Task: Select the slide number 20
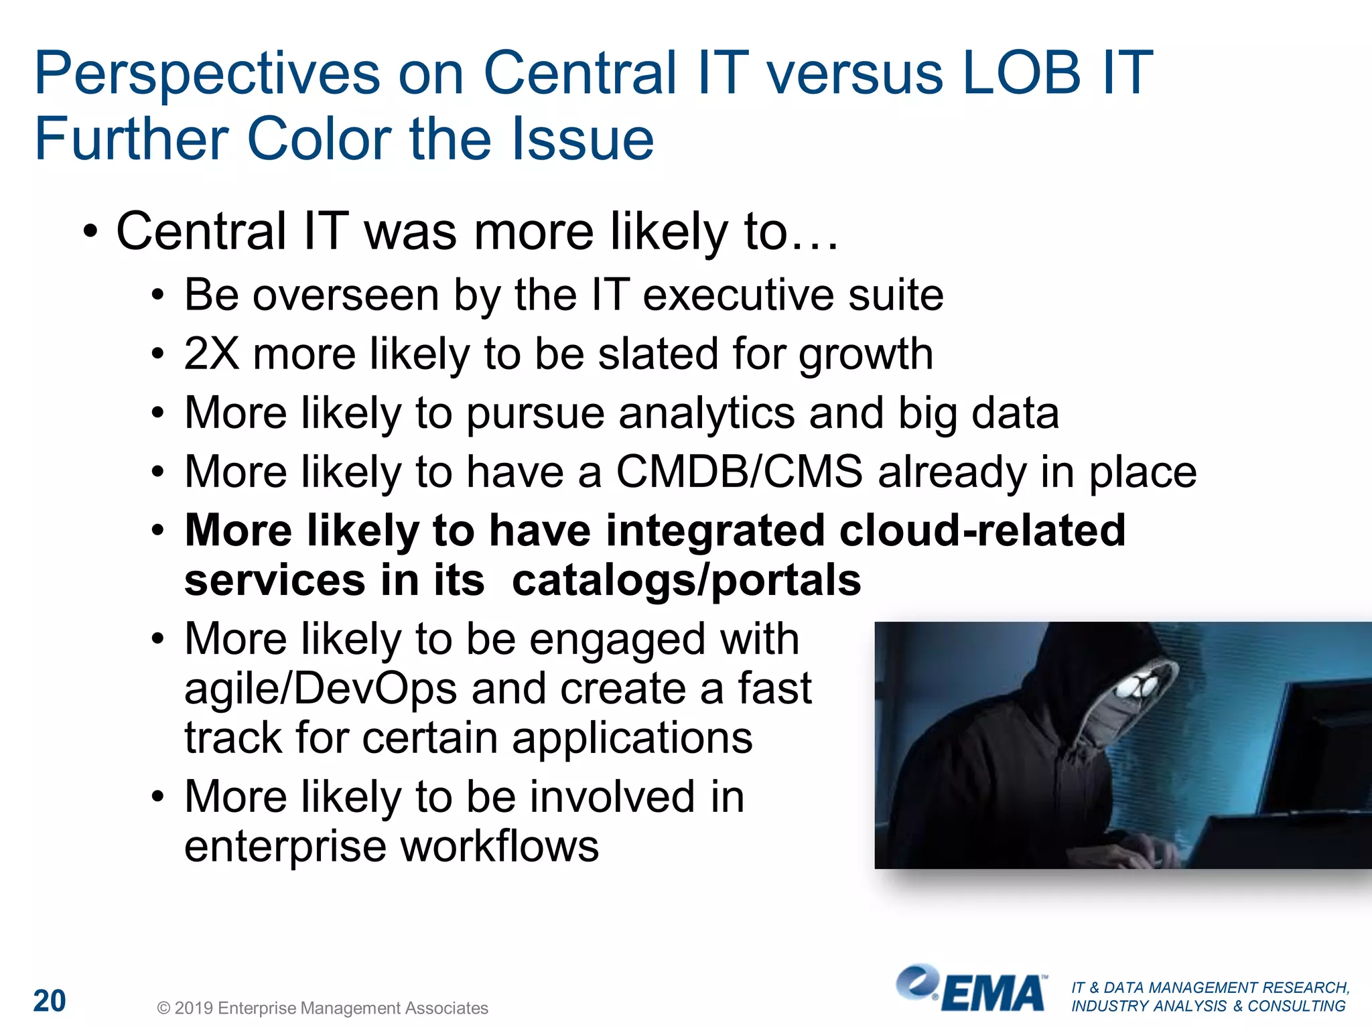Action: [50, 1001]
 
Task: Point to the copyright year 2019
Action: [194, 1008]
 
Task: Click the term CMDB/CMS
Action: [739, 472]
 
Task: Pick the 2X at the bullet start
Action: [211, 354]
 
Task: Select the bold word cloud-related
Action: [982, 531]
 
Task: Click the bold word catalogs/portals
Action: [686, 580]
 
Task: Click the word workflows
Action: [499, 846]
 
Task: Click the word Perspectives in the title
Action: [207, 74]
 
